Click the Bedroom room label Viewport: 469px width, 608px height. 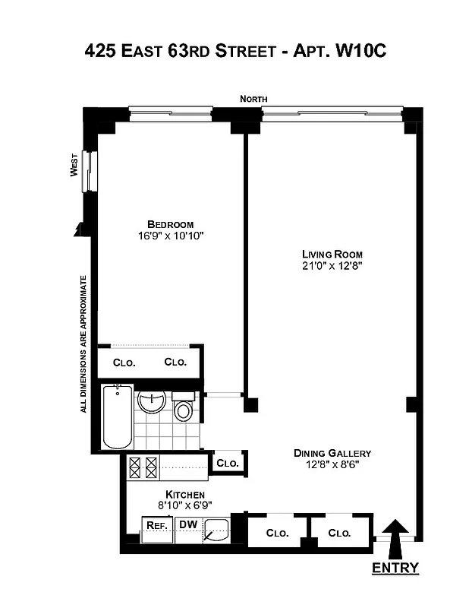coord(170,224)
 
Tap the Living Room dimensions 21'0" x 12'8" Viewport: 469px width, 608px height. coord(332,265)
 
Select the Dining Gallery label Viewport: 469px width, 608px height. coord(332,453)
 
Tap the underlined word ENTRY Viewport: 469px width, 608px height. coord(395,568)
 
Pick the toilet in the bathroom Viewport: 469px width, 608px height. coord(183,408)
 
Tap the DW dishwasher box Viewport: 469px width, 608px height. coord(186,524)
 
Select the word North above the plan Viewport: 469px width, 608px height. coord(253,100)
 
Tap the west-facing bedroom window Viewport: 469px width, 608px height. coord(90,171)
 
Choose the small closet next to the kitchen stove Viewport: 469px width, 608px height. coord(228,463)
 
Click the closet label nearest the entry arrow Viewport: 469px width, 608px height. coord(339,534)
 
